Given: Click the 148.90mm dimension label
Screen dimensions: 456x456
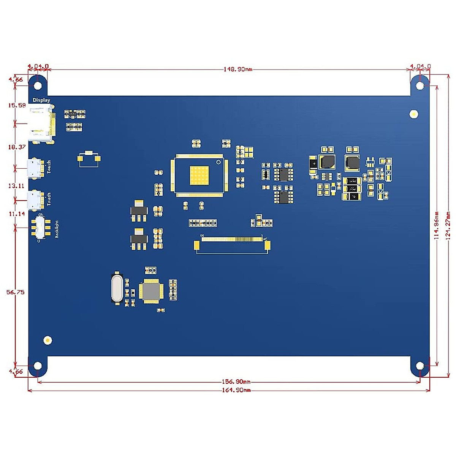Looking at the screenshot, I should (x=237, y=70).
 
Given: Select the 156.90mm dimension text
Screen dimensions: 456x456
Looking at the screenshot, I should (x=236, y=382).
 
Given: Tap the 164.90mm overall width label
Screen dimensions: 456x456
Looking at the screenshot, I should (x=236, y=390).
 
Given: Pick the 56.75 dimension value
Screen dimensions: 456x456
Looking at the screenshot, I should (x=16, y=292).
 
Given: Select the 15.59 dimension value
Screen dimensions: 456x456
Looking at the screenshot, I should (x=17, y=105).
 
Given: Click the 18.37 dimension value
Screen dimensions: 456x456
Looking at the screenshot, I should (x=17, y=147).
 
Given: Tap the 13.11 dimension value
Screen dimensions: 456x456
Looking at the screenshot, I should (x=16, y=186).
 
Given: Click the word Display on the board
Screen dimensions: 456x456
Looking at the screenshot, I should (x=41, y=100).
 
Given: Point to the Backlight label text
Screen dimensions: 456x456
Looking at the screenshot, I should (x=57, y=229).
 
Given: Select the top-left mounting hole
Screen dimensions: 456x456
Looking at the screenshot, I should (x=38, y=85).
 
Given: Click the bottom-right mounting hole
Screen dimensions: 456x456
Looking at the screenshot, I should (x=420, y=366).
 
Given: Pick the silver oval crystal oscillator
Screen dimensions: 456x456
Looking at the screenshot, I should (x=117, y=288).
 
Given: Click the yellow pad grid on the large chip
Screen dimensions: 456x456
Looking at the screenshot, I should (x=199, y=176).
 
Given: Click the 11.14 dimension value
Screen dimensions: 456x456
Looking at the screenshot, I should (x=17, y=214).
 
